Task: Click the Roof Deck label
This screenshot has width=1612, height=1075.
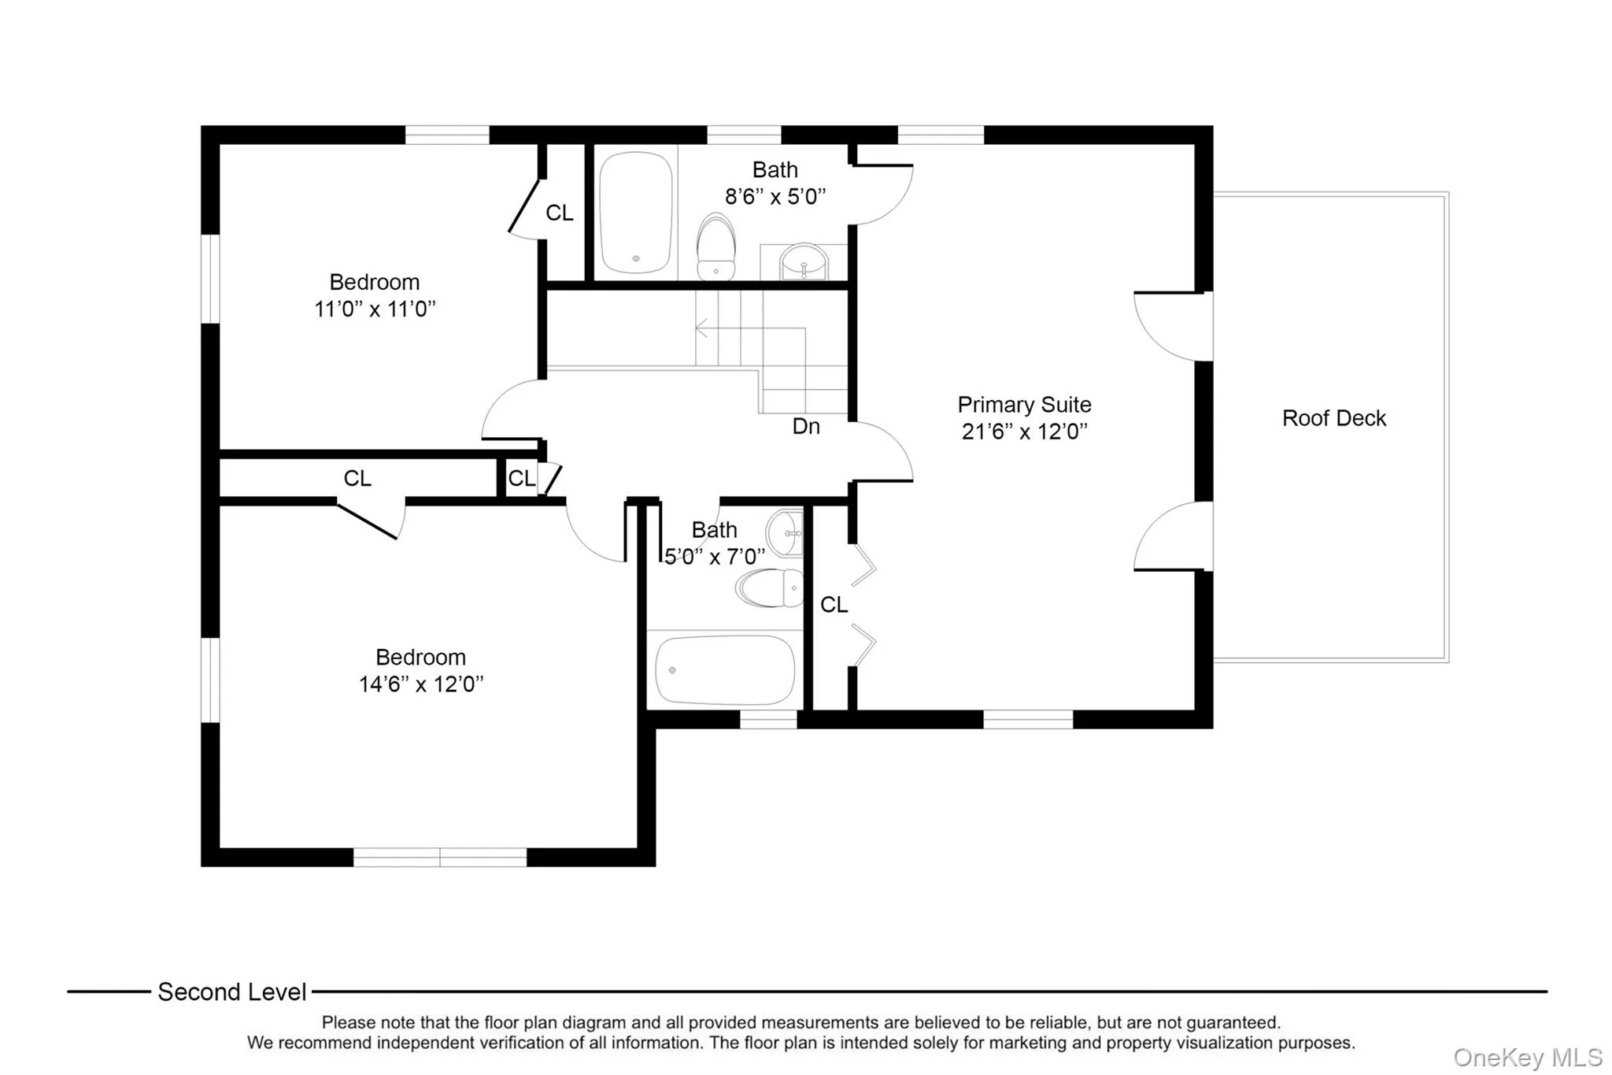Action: pyautogui.click(x=1333, y=418)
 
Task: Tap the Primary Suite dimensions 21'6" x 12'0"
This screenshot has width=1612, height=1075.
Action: pyautogui.click(x=1024, y=432)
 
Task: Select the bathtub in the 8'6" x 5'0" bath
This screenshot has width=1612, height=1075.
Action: pyautogui.click(x=635, y=213)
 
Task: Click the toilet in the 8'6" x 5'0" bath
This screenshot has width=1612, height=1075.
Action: pyautogui.click(x=715, y=247)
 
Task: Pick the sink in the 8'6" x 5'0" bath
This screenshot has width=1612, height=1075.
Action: pyautogui.click(x=803, y=261)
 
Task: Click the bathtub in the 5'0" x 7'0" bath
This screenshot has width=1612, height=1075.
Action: pyautogui.click(x=724, y=669)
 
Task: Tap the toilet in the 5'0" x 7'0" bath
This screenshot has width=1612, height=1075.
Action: pyautogui.click(x=770, y=588)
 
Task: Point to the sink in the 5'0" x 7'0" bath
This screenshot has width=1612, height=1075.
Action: pyautogui.click(x=785, y=532)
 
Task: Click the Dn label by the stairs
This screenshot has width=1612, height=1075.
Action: pyautogui.click(x=806, y=427)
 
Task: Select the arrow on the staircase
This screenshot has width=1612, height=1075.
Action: pyautogui.click(x=701, y=328)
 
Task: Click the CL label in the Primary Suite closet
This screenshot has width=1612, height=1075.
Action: pyautogui.click(x=834, y=605)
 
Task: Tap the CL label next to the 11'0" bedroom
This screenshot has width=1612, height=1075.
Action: pyautogui.click(x=560, y=213)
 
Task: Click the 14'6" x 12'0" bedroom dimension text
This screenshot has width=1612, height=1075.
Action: pyautogui.click(x=421, y=684)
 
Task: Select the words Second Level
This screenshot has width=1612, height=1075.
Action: pyautogui.click(x=231, y=992)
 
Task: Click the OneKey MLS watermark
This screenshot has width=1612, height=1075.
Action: pyautogui.click(x=1527, y=1057)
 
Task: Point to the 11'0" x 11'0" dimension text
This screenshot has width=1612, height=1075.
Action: pyautogui.click(x=375, y=310)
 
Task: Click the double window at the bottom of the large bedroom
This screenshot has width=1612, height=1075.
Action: pyautogui.click(x=439, y=858)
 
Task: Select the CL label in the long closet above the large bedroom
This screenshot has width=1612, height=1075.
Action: pyautogui.click(x=357, y=479)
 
